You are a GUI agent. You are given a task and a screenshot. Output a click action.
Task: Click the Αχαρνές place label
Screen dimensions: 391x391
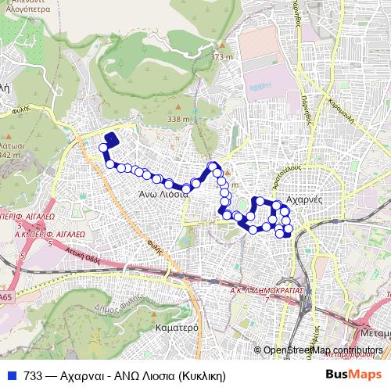point(306,199)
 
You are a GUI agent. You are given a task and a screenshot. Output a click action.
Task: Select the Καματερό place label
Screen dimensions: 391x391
point(176,327)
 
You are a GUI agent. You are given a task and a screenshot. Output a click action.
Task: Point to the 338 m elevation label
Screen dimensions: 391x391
point(178,119)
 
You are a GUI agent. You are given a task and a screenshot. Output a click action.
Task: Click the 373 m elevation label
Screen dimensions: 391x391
point(221,57)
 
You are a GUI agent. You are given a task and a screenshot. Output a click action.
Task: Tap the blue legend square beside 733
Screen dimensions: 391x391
point(11,375)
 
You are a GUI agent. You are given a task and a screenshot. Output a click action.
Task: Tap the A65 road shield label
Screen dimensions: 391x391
point(5,298)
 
